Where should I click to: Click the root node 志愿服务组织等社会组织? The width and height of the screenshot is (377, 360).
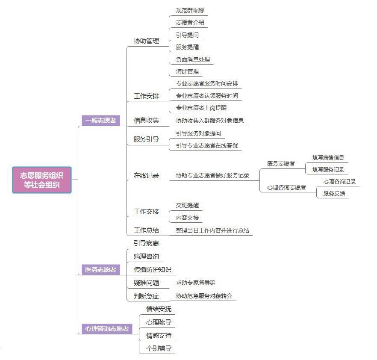pos(42,180)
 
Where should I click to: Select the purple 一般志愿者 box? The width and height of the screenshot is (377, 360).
pos(100,121)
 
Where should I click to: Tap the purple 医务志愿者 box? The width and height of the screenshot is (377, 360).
pos(100,270)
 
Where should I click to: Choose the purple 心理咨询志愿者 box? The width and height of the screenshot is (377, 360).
pos(107,329)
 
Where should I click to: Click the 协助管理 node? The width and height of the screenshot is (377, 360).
pos(146,41)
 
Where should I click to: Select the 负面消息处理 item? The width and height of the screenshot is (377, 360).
pos(193,59)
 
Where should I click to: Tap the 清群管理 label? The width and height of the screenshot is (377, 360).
pos(187,71)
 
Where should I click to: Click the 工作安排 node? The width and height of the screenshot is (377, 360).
pos(146,96)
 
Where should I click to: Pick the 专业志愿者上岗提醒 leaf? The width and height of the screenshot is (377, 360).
pos(201,108)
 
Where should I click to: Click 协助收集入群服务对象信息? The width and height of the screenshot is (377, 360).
pos(209,121)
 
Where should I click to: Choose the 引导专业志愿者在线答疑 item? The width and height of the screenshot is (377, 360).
pos(207,145)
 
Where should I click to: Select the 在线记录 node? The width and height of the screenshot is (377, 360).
pos(146,175)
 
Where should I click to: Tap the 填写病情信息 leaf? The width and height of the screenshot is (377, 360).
pos(328,157)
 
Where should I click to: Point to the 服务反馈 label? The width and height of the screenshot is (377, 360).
pos(334,193)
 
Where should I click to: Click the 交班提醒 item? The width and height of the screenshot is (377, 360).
pos(187,205)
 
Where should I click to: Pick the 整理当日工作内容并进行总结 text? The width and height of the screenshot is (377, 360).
pos(212,230)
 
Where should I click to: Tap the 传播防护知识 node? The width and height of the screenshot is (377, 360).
pos(152,270)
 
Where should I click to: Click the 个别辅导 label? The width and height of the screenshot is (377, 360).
pos(159,348)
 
